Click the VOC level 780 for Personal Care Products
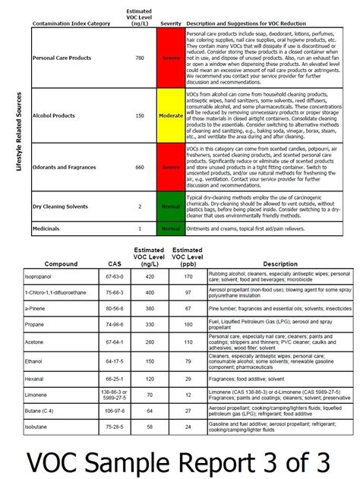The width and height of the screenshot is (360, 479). pyautogui.click(x=140, y=58)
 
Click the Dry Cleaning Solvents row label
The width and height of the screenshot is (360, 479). pyautogui.click(x=61, y=206)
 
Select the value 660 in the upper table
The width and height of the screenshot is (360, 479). pyautogui.click(x=140, y=167)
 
